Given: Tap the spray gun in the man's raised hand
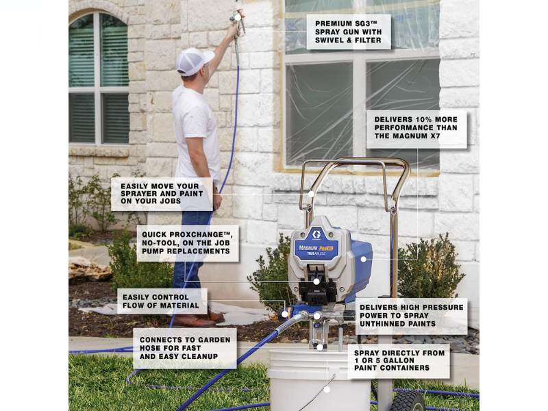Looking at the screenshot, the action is pyautogui.click(x=238, y=22).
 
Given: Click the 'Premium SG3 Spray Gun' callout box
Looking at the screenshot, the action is pyautogui.click(x=349, y=32).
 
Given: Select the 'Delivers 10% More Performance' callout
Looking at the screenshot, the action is pyautogui.click(x=416, y=128).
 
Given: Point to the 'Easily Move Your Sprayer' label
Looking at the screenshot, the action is pyautogui.click(x=162, y=194).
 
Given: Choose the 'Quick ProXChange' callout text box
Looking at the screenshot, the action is pyautogui.click(x=187, y=243).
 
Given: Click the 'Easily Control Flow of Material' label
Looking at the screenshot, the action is pyautogui.click(x=162, y=301).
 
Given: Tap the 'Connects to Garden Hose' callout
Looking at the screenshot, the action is pyautogui.click(x=185, y=348).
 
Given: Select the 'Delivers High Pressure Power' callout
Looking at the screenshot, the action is pyautogui.click(x=412, y=316).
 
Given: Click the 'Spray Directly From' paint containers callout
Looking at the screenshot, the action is pyautogui.click(x=399, y=361).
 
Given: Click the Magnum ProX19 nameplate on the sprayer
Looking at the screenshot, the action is pyautogui.click(x=316, y=248).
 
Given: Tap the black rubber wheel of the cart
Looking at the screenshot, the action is pyautogui.click(x=407, y=401).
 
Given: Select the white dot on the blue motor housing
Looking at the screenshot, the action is pyautogui.click(x=364, y=260).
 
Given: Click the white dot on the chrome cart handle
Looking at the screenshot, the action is pyautogui.click(x=311, y=194).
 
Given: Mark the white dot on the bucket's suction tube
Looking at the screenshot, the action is pyautogui.click(x=327, y=389).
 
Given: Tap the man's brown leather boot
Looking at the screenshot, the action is pyautogui.click(x=199, y=320).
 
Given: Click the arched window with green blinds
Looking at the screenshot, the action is pyautogui.click(x=99, y=77).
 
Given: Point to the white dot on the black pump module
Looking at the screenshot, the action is pyautogui.click(x=316, y=282).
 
